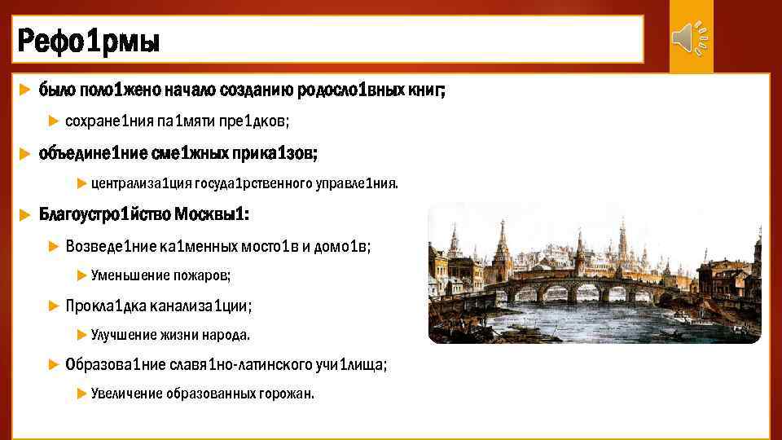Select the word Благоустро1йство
pyautogui.click(x=104, y=214)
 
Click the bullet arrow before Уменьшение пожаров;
pyautogui.click(x=81, y=275)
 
